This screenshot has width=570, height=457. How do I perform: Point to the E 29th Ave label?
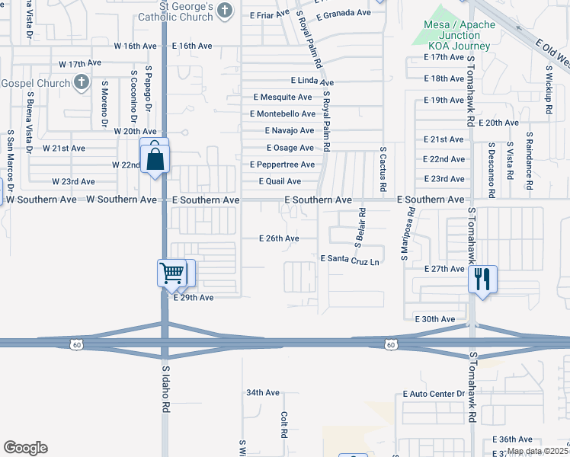click(x=194, y=298)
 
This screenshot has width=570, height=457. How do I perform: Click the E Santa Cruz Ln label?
click(x=350, y=259)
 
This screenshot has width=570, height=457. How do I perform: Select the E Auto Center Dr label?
click(x=434, y=394)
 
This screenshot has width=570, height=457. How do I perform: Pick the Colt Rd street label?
click(x=283, y=424)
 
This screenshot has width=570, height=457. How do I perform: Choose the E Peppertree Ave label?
click(x=282, y=165)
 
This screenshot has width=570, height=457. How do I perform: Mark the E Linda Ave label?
click(x=312, y=81)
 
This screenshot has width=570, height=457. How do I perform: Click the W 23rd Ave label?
click(x=73, y=182)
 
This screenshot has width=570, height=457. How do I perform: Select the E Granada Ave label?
click(x=342, y=14)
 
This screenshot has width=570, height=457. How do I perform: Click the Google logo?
click(x=25, y=448)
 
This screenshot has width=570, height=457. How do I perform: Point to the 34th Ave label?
click(x=263, y=393)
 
